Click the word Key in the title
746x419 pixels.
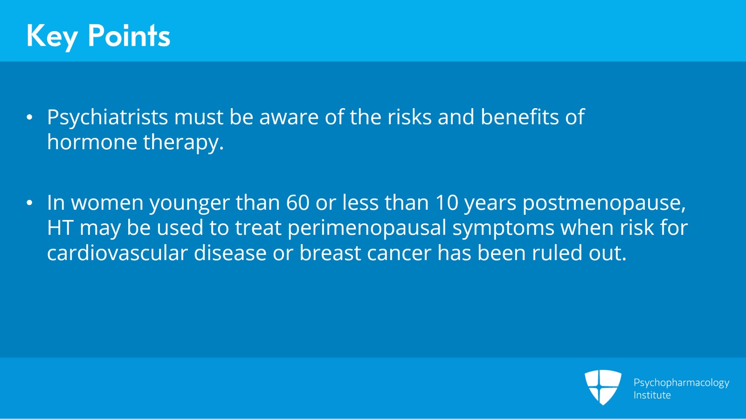[52, 36]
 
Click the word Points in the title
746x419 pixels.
[129, 36]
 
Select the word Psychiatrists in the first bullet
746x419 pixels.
[107, 117]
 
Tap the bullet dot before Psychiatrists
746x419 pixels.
[30, 117]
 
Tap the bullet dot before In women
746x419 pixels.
[30, 203]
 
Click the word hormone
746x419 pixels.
[92, 142]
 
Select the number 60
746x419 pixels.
[297, 203]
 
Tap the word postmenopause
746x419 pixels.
[604, 203]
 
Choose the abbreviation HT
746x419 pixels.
[60, 228]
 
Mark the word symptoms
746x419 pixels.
[503, 228]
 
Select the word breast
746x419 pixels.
[330, 253]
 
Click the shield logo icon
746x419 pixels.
[603, 387]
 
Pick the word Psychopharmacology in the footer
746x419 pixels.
[681, 383]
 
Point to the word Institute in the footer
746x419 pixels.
[652, 395]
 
